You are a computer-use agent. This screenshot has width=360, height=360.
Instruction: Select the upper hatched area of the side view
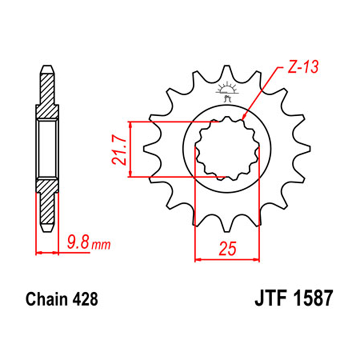coord(47,94)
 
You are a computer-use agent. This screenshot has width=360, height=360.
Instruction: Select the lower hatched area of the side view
coord(47,202)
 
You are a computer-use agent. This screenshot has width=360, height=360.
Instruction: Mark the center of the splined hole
coord(227,149)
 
